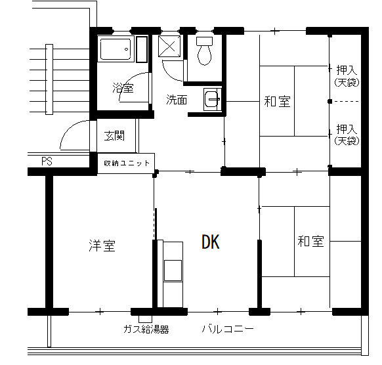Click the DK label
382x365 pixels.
(x=211, y=242)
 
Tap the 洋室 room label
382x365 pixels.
(x=102, y=246)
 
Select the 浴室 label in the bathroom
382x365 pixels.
(x=123, y=88)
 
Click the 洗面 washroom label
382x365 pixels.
(x=177, y=99)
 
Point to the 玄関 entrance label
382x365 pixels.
(x=114, y=136)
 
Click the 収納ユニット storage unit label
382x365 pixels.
(x=127, y=163)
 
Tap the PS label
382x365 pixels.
(x=47, y=161)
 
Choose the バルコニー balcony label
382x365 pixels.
(x=228, y=329)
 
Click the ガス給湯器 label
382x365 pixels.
(x=146, y=329)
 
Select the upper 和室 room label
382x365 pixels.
(x=277, y=102)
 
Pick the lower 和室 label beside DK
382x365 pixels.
(x=310, y=241)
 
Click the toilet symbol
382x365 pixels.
(x=204, y=51)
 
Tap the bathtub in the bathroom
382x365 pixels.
(x=116, y=49)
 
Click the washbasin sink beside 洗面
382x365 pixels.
(x=213, y=99)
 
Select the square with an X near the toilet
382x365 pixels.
(x=169, y=47)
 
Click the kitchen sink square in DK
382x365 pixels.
(x=173, y=270)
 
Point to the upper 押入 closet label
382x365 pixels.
(x=347, y=70)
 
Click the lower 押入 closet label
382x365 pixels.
(x=347, y=129)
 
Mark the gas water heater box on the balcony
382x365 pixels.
(x=146, y=318)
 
